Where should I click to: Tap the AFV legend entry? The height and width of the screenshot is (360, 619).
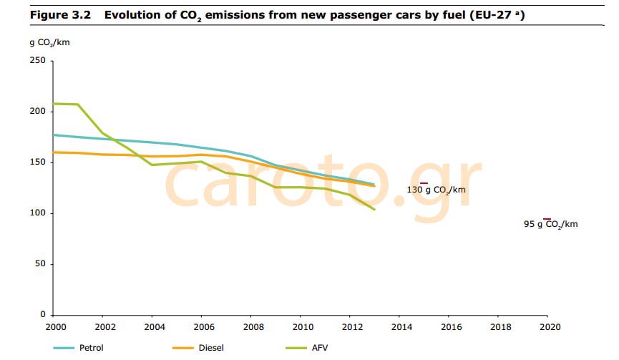(x=319, y=348)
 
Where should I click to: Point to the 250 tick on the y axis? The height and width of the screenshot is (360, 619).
(x=37, y=61)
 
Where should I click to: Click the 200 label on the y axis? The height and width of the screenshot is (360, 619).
(x=37, y=112)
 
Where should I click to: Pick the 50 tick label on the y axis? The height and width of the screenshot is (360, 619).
(x=40, y=264)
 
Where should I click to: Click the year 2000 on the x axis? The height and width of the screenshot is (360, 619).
(x=54, y=326)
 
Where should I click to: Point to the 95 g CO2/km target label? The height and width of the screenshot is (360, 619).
(x=550, y=224)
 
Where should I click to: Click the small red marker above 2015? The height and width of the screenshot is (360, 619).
(x=424, y=183)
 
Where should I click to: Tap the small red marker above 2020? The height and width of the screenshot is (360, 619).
(x=547, y=218)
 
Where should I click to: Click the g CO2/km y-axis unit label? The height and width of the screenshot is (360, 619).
(x=50, y=42)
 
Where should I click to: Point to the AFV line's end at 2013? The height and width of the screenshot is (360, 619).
(x=374, y=210)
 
